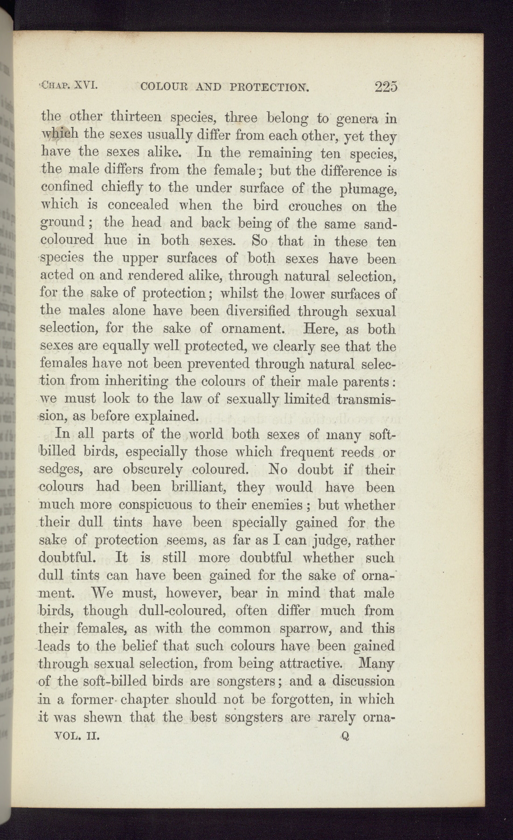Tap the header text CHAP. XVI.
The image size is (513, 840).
tap(69, 85)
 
